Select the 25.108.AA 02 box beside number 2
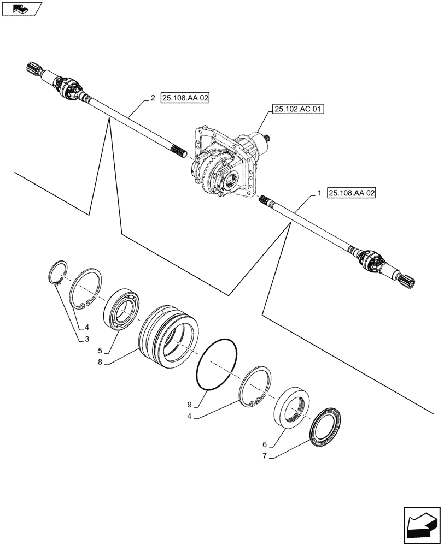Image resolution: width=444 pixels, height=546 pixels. pyautogui.click(x=185, y=98)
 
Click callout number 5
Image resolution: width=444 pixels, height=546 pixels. pyautogui.click(x=100, y=351)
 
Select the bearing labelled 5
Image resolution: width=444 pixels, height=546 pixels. pyautogui.click(x=124, y=312)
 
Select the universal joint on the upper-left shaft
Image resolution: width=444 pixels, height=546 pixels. pyautogui.click(x=68, y=85)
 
